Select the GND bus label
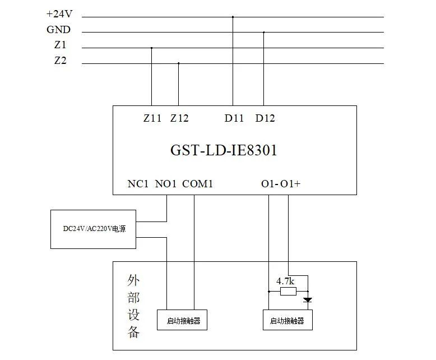tap(59, 30)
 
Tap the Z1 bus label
tap(60, 45)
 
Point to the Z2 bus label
tap(60, 61)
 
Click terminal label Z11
tap(152, 118)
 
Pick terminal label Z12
tap(179, 118)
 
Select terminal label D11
tap(234, 118)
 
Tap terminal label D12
tap(265, 118)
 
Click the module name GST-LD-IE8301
tap(224, 150)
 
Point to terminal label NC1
tap(138, 183)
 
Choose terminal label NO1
tap(166, 183)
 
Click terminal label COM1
tap(198, 183)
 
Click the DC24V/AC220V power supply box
tap(93, 229)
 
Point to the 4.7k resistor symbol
tap(288, 292)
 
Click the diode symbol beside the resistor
tap(307, 300)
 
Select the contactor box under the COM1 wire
tap(182, 320)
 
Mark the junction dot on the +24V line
tap(233, 17)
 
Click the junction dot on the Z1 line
tap(151, 48)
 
